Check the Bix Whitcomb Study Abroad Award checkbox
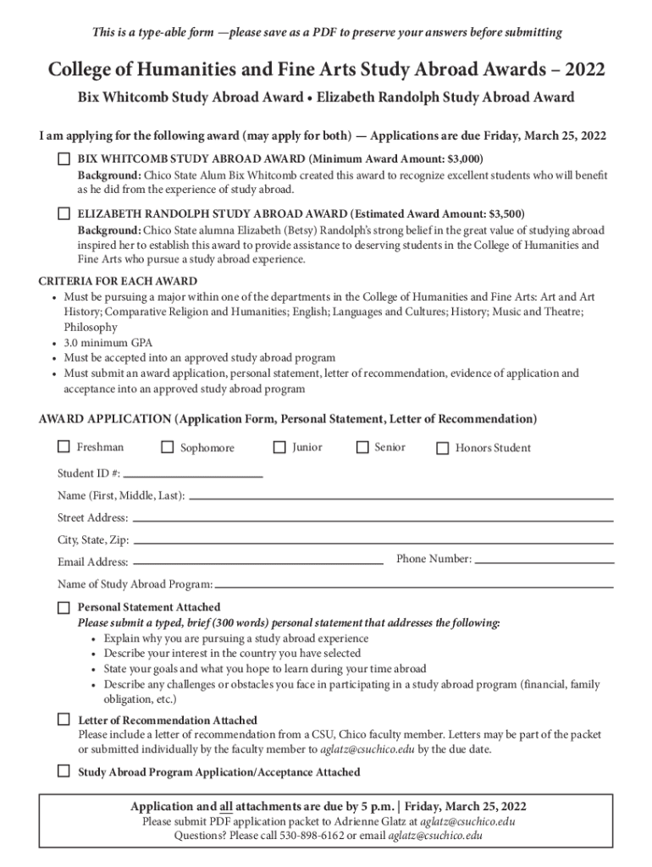pos(64,158)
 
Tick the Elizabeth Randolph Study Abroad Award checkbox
pos(64,213)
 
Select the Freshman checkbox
pos(64,447)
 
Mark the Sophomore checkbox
pos(167,447)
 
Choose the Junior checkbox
pos(279,447)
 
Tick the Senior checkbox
pos(362,447)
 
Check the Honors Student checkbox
pos(442,448)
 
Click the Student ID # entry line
pos(193,476)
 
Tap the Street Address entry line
pos(373,519)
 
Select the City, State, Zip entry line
pos(373,541)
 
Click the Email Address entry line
pos(258,562)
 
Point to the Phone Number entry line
pos(544,561)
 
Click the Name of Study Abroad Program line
pos(414,585)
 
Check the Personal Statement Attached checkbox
pos(64,607)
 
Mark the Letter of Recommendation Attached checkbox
pos(64,720)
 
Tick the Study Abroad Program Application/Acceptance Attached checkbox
pos(64,771)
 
